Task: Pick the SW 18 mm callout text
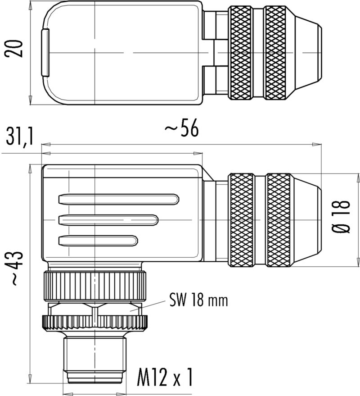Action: (x=198, y=300)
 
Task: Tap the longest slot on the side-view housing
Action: (x=119, y=199)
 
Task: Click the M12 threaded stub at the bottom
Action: (x=95, y=356)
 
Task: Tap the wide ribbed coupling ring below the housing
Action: (x=95, y=286)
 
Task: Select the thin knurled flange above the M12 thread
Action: (x=95, y=322)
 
